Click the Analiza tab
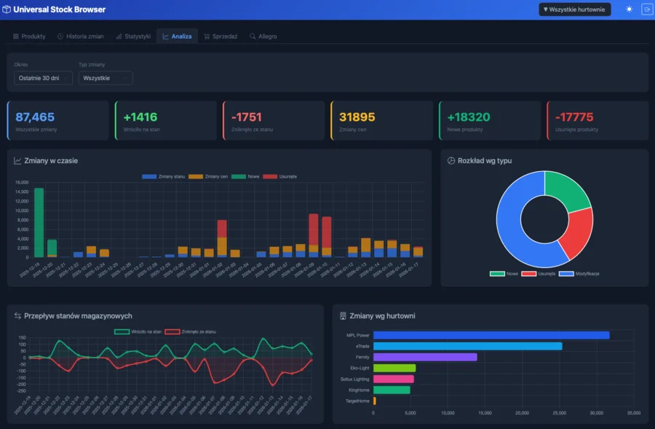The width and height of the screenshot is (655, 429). point(177,36)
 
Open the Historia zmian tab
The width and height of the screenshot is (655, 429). point(81,36)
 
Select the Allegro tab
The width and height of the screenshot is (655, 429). point(263,36)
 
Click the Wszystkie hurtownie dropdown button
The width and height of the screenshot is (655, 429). point(574,9)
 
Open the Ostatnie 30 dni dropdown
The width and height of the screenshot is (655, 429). point(43,78)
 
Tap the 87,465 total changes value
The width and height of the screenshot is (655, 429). point(35,117)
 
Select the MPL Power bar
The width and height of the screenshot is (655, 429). point(491,335)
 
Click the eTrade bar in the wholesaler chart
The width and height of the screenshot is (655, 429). point(467,346)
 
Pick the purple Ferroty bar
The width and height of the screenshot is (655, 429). point(425,357)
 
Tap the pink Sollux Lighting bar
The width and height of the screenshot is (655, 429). point(393,379)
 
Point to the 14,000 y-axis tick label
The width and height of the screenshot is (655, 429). point(21,192)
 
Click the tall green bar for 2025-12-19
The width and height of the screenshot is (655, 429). point(39,222)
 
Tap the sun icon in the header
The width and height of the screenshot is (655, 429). point(629,9)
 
